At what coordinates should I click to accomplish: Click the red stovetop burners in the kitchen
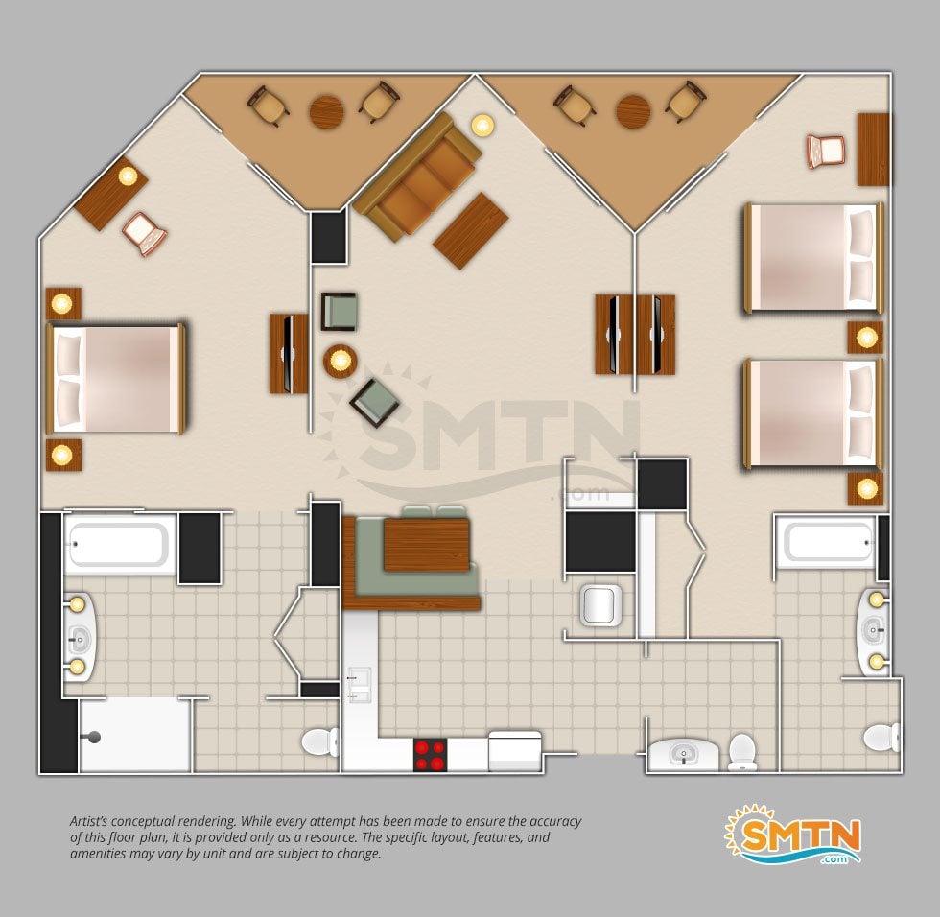(x=431, y=755)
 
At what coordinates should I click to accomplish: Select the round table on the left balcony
(x=327, y=111)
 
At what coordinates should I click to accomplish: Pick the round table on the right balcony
(x=634, y=111)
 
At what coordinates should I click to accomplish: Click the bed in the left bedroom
(x=116, y=379)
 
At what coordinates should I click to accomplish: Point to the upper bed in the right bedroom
(x=813, y=258)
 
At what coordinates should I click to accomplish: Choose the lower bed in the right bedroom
(x=813, y=413)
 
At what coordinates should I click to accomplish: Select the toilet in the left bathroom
(x=320, y=742)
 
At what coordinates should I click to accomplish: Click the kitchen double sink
(x=359, y=685)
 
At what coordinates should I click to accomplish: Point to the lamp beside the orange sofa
(x=482, y=126)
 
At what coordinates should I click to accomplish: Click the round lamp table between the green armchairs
(x=341, y=361)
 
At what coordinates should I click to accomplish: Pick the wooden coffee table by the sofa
(x=471, y=231)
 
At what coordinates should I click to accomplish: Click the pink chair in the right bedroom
(x=826, y=151)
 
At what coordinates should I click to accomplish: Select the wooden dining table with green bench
(x=426, y=544)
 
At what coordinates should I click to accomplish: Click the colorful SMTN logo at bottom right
(x=793, y=834)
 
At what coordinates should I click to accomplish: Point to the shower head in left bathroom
(x=92, y=738)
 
